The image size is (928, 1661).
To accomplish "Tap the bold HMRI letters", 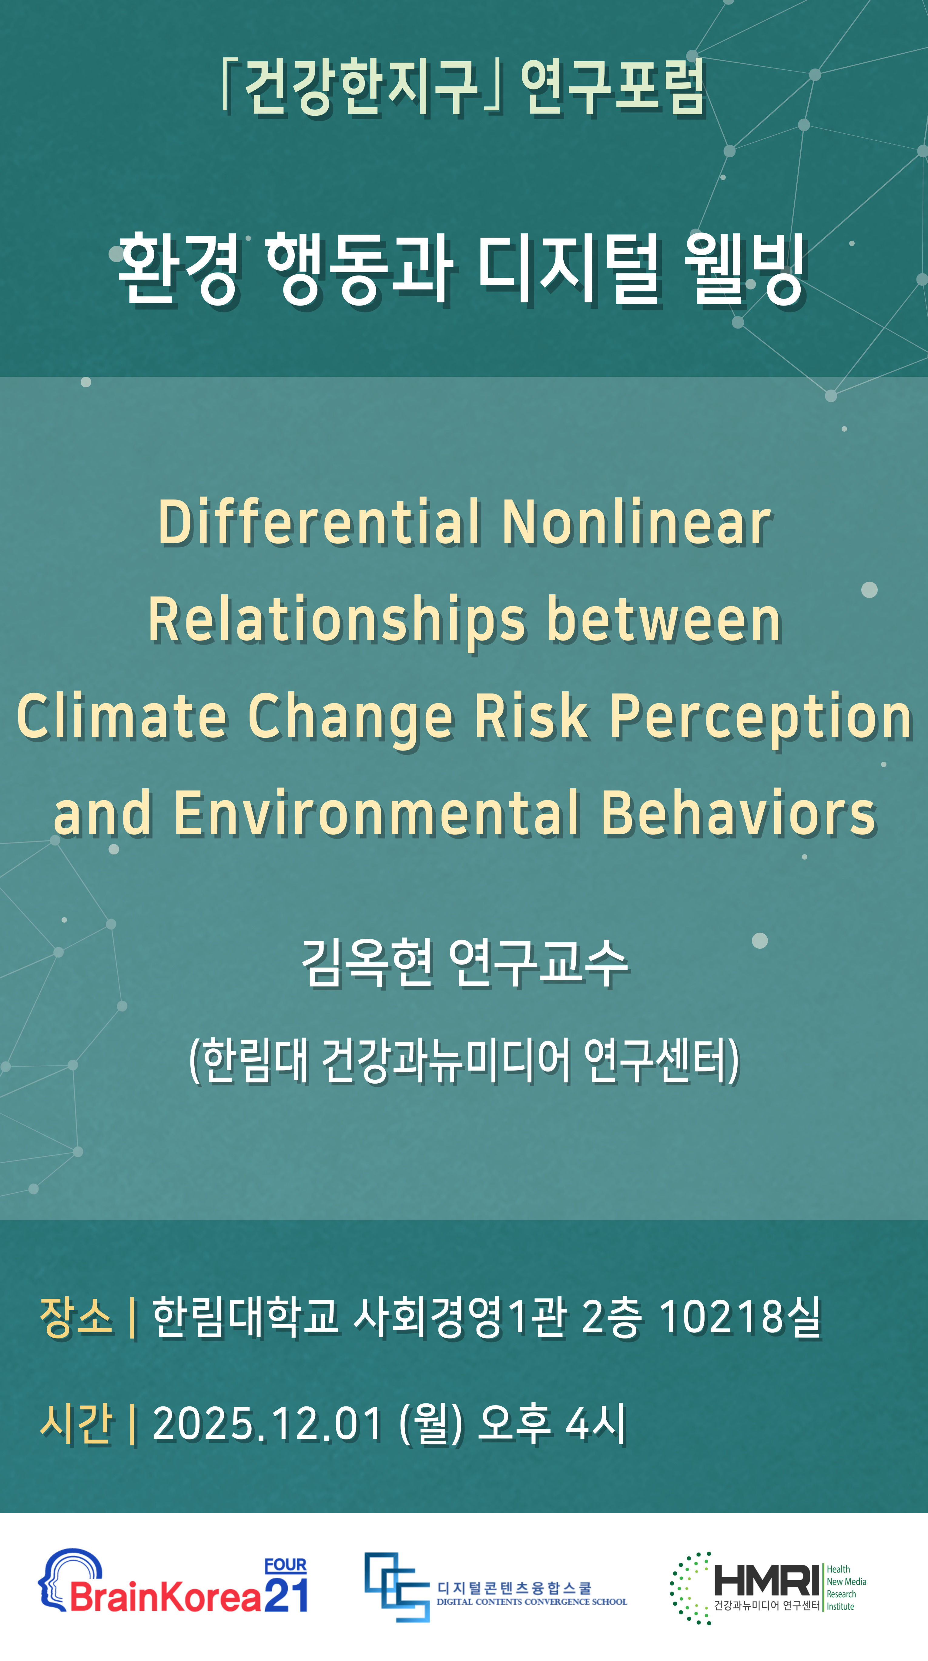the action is tap(766, 1580).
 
